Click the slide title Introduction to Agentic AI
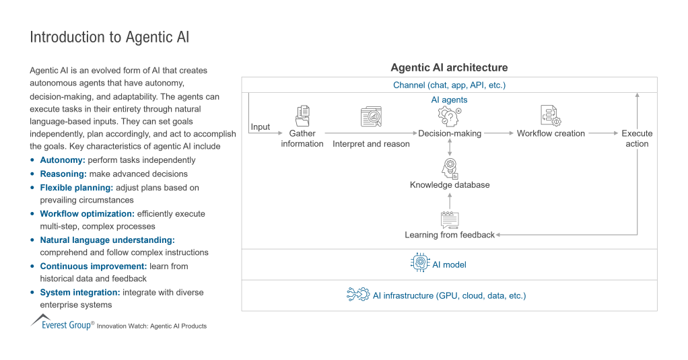[x=110, y=37]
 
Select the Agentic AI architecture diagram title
[x=449, y=68]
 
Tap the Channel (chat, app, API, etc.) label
[x=449, y=85]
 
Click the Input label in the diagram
[x=260, y=127]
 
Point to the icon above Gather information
[x=302, y=115]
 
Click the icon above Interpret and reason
[x=371, y=117]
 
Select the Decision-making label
[x=450, y=133]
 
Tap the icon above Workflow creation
[x=551, y=116]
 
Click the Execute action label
[x=637, y=139]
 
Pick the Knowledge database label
[x=450, y=184]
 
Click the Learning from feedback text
[x=450, y=235]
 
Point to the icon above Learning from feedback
[x=450, y=219]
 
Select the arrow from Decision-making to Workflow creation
[x=498, y=133]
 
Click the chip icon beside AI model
[x=420, y=264]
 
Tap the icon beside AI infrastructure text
[x=357, y=295]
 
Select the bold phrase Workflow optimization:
[x=87, y=213]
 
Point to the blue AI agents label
[x=449, y=100]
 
